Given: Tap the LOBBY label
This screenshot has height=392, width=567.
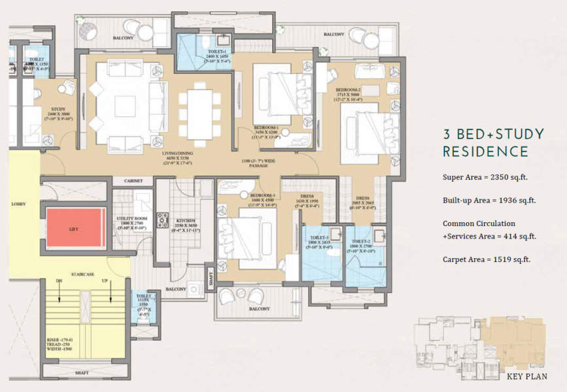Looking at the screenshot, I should [18, 204].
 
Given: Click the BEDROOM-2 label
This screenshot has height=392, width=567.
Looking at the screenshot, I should [348, 89].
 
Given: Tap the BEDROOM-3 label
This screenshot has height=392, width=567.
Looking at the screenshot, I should [251, 195].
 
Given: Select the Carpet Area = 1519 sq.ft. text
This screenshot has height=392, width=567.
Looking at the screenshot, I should [486, 259].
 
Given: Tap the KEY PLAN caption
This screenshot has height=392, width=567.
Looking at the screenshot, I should [526, 376].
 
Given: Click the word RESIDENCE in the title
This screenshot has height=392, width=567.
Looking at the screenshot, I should [485, 152].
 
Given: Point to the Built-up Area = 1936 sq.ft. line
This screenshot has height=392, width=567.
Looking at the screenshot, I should [489, 200].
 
